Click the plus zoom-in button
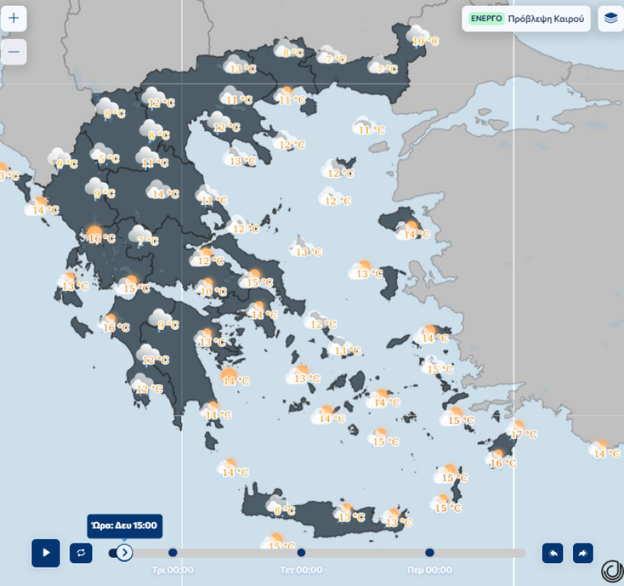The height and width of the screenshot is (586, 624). pyautogui.click(x=13, y=18)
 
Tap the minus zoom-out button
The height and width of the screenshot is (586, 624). pyautogui.click(x=13, y=52)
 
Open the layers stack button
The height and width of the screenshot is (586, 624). pyautogui.click(x=611, y=18)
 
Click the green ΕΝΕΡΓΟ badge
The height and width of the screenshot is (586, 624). pyautogui.click(x=486, y=18)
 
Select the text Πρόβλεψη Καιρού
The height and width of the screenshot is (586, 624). pyautogui.click(x=545, y=18)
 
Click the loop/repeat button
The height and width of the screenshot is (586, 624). pyautogui.click(x=81, y=553)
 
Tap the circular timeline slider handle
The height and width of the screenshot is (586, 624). pyautogui.click(x=124, y=553)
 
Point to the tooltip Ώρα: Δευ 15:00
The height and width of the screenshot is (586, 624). pyautogui.click(x=125, y=526)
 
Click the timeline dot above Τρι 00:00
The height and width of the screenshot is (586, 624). pyautogui.click(x=173, y=553)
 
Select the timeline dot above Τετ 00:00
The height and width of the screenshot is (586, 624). pyautogui.click(x=301, y=553)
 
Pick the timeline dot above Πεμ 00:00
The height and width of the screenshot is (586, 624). pyautogui.click(x=430, y=553)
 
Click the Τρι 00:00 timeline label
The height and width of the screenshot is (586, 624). pyautogui.click(x=173, y=570)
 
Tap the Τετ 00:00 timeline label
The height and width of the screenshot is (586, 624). pyautogui.click(x=301, y=570)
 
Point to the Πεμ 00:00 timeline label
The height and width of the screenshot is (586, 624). pyautogui.click(x=430, y=570)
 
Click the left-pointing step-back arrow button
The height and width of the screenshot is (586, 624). pyautogui.click(x=552, y=553)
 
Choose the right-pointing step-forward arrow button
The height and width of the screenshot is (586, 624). pyautogui.click(x=582, y=553)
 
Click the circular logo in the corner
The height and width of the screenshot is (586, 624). pyautogui.click(x=611, y=571)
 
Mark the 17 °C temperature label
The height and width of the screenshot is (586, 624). pyautogui.click(x=523, y=434)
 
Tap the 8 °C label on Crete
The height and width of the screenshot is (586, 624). pyautogui.click(x=285, y=510)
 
